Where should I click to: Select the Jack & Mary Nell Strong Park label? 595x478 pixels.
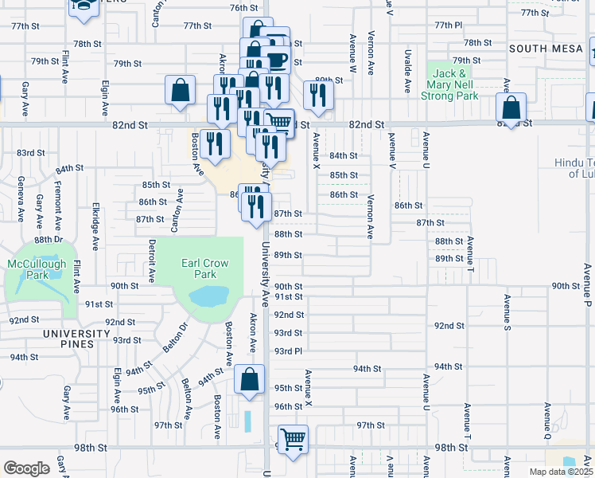click(451, 84)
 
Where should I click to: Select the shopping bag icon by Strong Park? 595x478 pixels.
click(513, 108)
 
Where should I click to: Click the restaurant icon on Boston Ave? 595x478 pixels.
click(215, 143)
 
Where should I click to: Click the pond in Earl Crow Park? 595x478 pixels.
click(206, 298)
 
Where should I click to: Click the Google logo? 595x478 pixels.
click(26, 468)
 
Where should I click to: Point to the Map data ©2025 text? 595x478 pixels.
click(561, 472)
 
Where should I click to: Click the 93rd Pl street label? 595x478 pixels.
click(288, 351)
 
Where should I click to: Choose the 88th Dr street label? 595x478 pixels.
click(48, 239)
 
